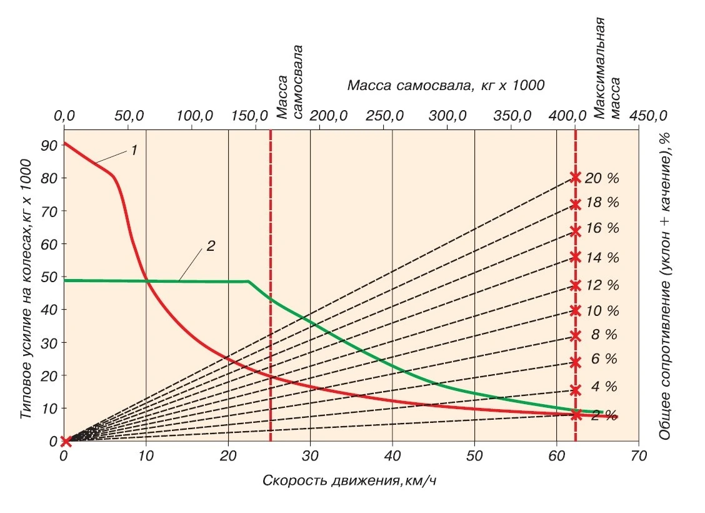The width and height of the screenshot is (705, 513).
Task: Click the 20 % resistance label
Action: tap(602, 178)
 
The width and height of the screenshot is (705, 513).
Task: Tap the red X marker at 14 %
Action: tap(576, 257)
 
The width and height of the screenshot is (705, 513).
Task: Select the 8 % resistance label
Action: tap(603, 335)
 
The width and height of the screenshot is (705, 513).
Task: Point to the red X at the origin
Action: tap(64, 442)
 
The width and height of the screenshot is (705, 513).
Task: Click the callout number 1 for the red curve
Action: tap(134, 151)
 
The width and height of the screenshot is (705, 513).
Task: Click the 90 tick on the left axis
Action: tap(49, 145)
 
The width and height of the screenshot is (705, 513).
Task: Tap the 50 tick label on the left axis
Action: tap(49, 277)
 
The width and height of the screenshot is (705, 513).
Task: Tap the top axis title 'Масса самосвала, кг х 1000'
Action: tap(446, 85)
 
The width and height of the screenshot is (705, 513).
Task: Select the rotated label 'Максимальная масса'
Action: tap(607, 68)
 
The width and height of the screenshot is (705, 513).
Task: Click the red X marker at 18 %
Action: tap(576, 204)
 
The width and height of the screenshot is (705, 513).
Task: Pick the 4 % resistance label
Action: tap(603, 387)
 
